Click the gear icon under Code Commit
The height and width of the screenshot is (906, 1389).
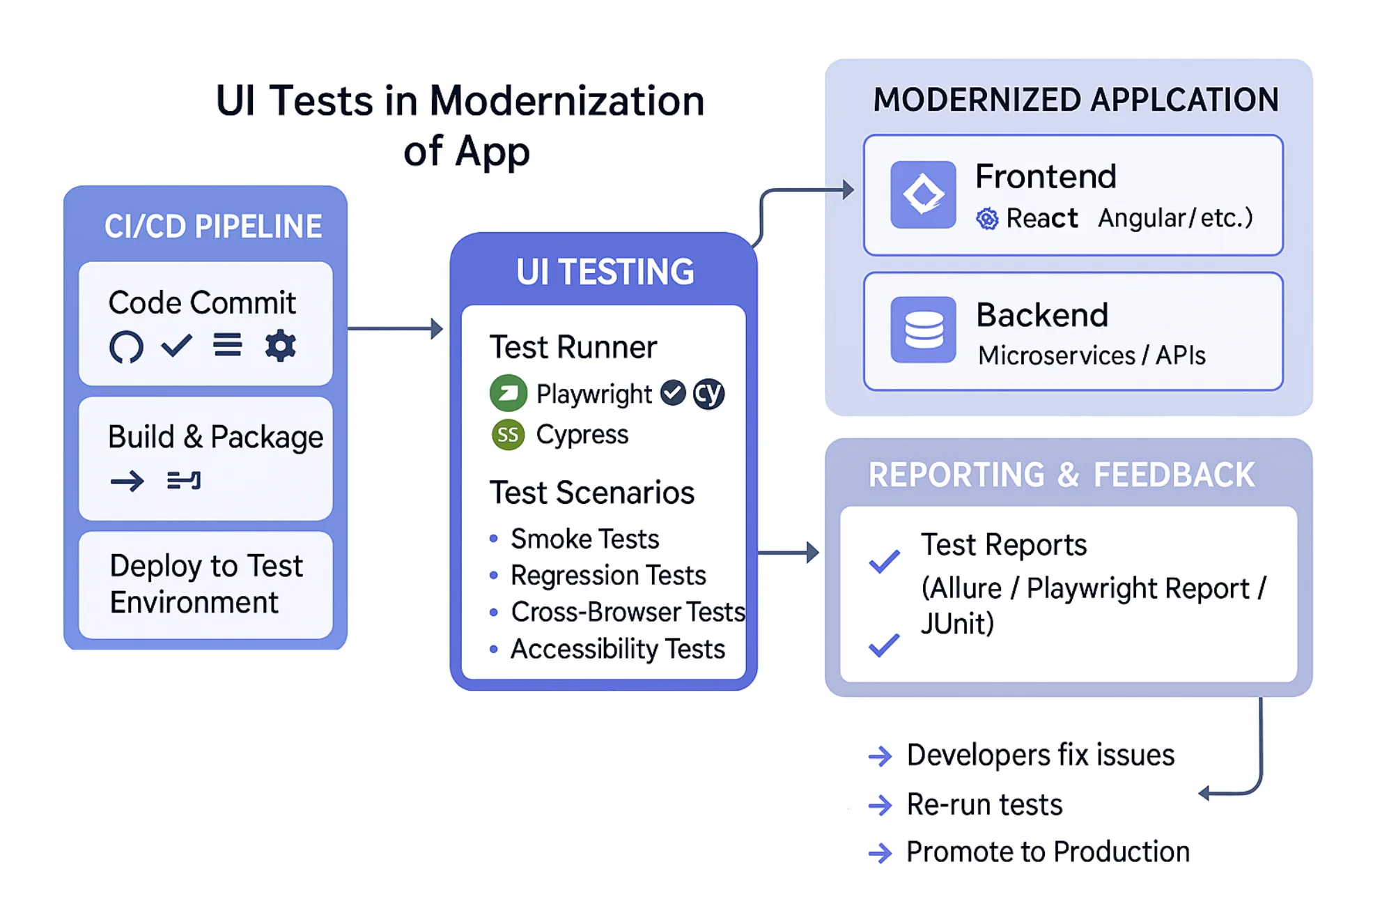(x=280, y=345)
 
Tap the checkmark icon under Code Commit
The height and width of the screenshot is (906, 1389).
(x=176, y=345)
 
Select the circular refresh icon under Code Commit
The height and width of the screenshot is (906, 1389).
(x=126, y=346)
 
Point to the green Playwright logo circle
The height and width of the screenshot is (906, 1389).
(x=509, y=393)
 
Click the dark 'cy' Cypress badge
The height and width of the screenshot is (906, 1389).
(x=708, y=394)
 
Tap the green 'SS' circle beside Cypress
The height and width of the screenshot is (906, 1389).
(x=508, y=435)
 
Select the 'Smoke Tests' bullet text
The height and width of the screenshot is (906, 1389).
(x=584, y=539)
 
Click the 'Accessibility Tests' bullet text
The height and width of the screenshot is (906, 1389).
(x=617, y=649)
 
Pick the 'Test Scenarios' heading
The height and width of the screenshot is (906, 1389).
(x=591, y=493)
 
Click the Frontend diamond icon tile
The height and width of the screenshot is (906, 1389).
(x=923, y=194)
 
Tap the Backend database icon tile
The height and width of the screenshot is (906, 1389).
(x=923, y=330)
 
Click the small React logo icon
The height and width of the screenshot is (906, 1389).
(x=987, y=219)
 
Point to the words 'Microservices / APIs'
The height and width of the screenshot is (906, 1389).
(x=1091, y=355)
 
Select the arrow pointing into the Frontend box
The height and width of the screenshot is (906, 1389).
(x=808, y=190)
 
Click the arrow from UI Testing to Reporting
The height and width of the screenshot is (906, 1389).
(x=788, y=553)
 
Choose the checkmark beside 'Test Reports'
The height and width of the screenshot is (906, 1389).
(x=884, y=561)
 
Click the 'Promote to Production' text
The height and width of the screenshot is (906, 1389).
(x=1047, y=852)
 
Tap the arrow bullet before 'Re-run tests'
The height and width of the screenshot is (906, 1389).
(x=880, y=805)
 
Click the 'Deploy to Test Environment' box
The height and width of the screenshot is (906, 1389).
(x=205, y=584)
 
